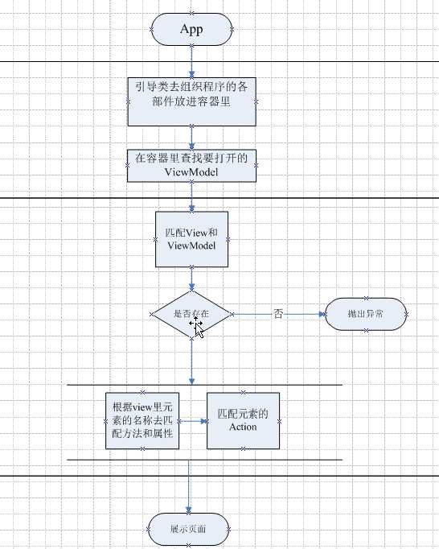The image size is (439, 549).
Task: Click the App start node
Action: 191,30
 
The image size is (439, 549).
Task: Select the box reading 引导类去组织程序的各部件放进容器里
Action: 191,101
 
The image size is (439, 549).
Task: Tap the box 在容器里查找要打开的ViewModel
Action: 191,165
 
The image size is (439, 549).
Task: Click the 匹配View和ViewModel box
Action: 191,239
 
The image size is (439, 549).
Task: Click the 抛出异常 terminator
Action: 366,313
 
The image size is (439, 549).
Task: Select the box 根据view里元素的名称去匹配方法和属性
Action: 142,420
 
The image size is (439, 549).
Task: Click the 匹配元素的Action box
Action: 243,420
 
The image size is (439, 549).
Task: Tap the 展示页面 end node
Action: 190,529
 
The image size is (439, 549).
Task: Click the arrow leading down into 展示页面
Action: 190,491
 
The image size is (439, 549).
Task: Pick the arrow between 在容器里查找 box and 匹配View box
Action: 191,196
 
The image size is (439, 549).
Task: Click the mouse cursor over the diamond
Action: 197,326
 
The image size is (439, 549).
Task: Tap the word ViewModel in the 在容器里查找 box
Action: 191,172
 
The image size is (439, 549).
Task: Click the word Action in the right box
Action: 243,427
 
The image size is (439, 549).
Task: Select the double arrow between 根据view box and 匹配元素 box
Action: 193,420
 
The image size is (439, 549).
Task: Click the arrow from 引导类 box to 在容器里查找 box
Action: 191,138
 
